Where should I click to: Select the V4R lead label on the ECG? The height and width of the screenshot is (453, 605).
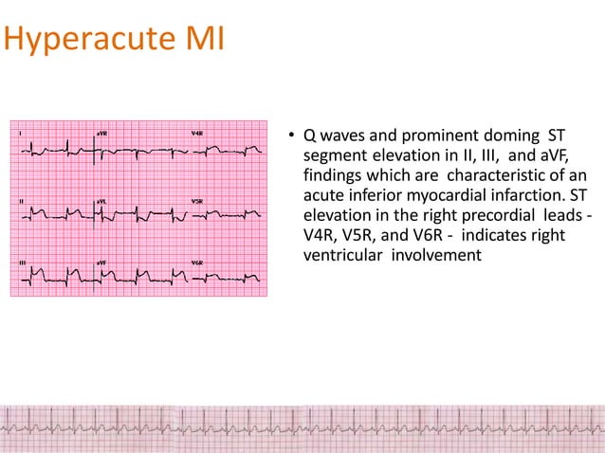[x=196, y=135]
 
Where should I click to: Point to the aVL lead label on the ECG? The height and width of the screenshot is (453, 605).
[x=101, y=202]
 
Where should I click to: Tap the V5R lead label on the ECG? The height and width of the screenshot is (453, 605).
[x=196, y=202]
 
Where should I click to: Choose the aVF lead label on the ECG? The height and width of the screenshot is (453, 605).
[x=101, y=261]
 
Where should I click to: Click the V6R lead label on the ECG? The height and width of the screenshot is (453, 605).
[x=196, y=261]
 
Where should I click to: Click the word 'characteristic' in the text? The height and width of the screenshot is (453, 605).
[x=494, y=176]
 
